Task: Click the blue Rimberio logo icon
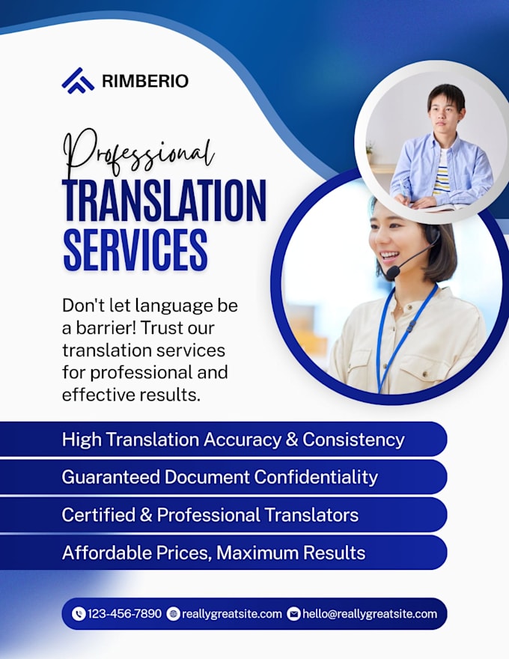pos(78,80)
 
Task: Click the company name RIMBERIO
pos(145,81)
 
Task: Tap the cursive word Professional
pos(138,154)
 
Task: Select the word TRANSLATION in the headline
pos(164,201)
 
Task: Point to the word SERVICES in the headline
pos(135,249)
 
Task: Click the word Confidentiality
pos(316,478)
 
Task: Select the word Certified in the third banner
pos(99,515)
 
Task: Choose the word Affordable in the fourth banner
pos(107,553)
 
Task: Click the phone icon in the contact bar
pos(79,614)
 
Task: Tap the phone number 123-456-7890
pos(124,614)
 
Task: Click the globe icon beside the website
pos(173,614)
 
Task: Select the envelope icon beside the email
pos(294,614)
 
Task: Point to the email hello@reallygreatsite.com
pos(370,615)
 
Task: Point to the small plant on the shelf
pos(370,148)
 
